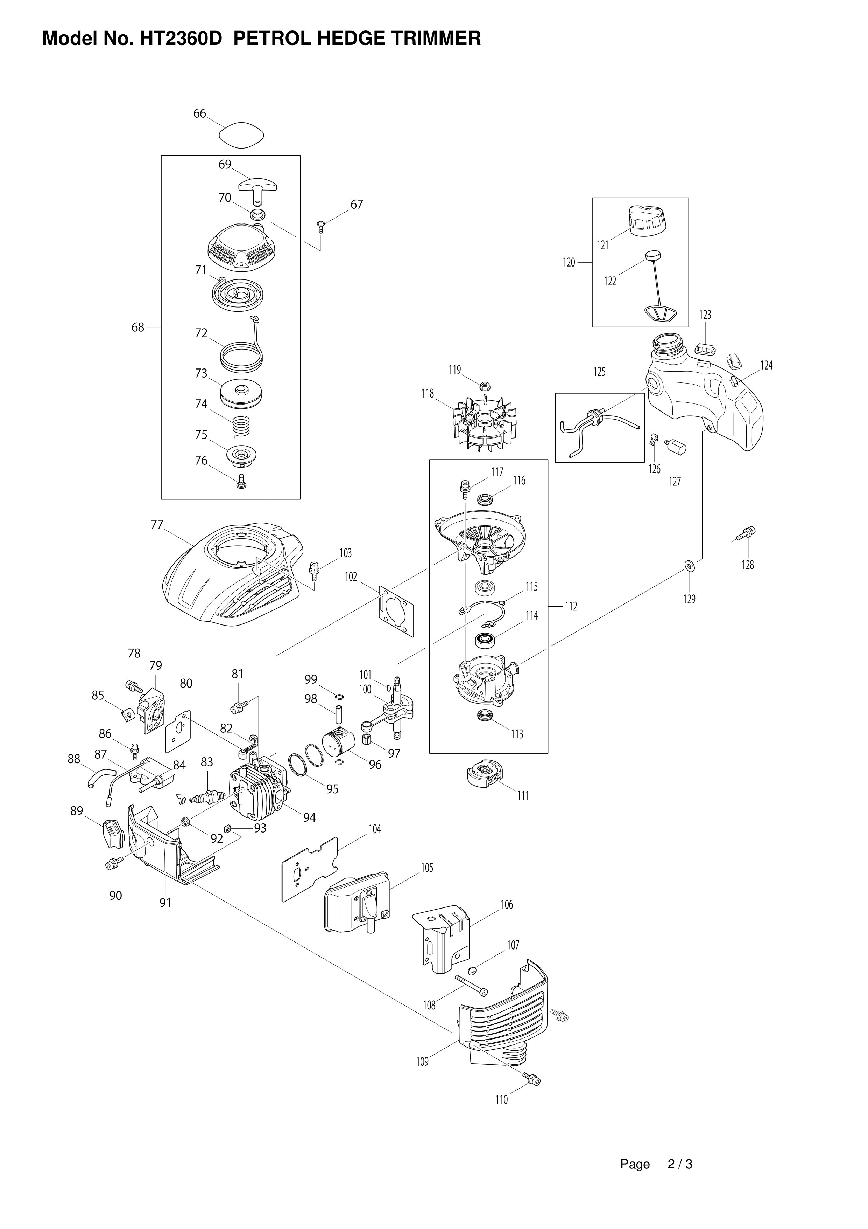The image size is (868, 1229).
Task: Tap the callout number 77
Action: tap(157, 525)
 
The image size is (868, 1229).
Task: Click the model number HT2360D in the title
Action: tap(181, 39)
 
